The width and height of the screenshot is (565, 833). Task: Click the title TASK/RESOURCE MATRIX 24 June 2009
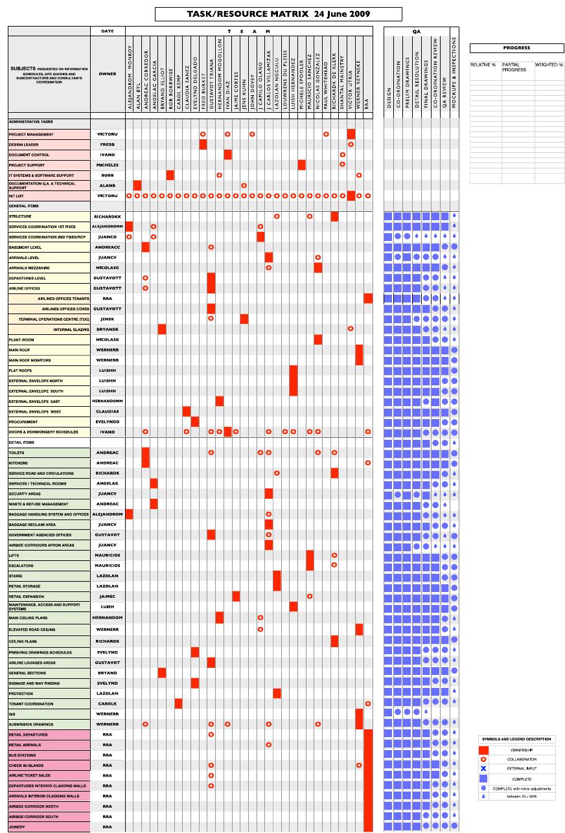click(x=279, y=14)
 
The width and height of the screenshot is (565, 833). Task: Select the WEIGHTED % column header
click(x=549, y=65)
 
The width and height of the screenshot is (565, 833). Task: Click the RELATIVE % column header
click(x=483, y=65)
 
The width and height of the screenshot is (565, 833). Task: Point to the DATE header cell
click(x=108, y=31)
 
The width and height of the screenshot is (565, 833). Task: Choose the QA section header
click(x=416, y=31)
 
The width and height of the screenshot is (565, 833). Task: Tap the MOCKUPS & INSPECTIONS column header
click(x=454, y=71)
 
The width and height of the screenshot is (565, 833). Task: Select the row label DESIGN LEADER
click(x=24, y=144)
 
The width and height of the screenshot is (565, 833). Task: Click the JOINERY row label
click(x=17, y=827)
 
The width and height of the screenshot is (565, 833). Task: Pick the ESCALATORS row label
click(x=21, y=565)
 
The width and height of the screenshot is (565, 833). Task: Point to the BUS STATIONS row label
click(x=23, y=755)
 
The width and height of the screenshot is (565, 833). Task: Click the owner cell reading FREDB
click(x=108, y=144)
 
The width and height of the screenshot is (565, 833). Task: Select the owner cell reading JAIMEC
click(x=108, y=596)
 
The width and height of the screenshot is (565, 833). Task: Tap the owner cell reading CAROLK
click(x=108, y=703)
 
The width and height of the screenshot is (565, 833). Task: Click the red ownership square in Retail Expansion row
click(x=236, y=596)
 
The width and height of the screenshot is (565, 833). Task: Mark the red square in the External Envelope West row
click(x=187, y=411)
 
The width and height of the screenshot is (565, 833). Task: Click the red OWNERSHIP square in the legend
click(x=483, y=749)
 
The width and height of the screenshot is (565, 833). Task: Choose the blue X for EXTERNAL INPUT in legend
click(x=483, y=768)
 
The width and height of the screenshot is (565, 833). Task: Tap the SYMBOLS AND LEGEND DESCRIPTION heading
click(x=516, y=739)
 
